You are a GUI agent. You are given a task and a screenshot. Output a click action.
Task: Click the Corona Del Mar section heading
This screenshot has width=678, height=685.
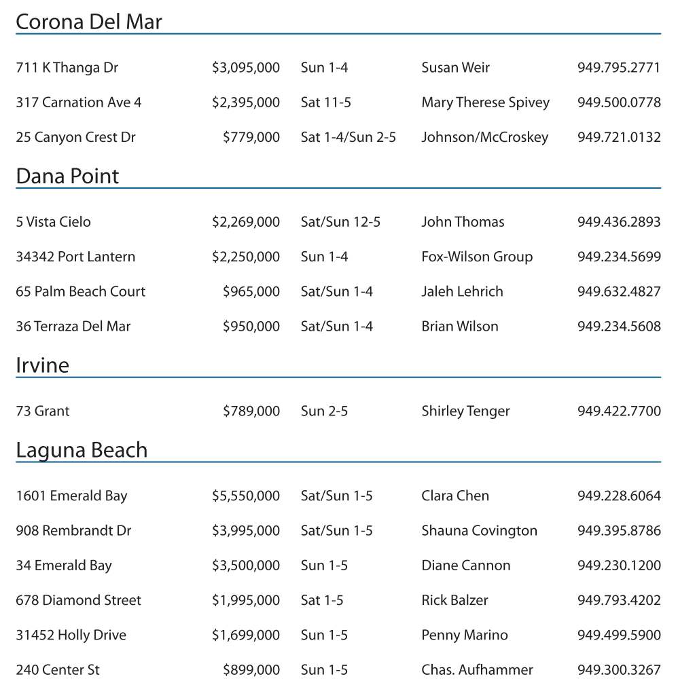(88, 22)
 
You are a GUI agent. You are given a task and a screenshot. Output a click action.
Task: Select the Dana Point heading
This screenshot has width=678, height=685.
(67, 177)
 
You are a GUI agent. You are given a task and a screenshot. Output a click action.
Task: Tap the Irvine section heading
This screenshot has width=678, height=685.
(42, 366)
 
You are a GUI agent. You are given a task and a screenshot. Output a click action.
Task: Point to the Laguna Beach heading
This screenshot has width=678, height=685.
(82, 450)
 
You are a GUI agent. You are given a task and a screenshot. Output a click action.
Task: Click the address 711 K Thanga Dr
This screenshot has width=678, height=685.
(67, 68)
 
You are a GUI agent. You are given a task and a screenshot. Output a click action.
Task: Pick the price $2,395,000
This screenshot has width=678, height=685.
(245, 103)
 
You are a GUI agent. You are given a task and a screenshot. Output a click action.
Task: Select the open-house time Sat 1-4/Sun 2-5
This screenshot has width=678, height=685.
(348, 137)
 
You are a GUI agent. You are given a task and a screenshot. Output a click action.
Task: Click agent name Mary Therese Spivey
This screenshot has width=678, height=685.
(485, 103)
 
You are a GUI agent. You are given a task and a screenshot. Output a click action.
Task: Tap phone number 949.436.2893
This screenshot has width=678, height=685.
(619, 222)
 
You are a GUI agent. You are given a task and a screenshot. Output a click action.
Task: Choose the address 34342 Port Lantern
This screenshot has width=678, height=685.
(75, 257)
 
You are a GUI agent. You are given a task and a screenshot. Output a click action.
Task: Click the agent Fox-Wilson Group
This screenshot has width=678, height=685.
(477, 257)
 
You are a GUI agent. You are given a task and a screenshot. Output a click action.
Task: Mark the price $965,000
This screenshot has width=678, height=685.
(251, 291)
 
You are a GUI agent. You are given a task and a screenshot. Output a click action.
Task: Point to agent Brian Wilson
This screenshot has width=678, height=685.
(459, 327)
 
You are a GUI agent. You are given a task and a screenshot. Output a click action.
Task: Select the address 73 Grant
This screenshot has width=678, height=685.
(42, 411)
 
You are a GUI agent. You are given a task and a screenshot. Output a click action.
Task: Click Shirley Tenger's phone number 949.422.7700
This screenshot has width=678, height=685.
(619, 411)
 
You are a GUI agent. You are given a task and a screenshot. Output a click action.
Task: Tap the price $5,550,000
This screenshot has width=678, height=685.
(245, 496)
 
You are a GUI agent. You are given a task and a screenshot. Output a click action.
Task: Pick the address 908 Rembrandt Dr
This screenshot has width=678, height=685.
(73, 531)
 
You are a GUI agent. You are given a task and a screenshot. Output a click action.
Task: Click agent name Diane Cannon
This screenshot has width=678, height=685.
(465, 566)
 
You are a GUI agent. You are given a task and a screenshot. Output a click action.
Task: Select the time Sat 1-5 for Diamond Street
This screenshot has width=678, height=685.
(321, 600)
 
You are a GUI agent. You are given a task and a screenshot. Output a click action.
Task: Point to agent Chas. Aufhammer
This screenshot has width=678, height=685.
(477, 670)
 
